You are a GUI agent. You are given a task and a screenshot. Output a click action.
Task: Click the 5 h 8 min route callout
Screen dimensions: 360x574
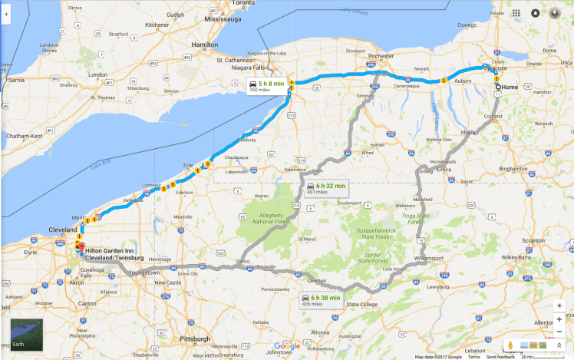(264, 85)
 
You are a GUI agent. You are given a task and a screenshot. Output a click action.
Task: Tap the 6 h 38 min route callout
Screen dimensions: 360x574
(321, 299)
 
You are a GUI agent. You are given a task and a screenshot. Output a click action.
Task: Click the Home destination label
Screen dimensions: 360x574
(510, 87)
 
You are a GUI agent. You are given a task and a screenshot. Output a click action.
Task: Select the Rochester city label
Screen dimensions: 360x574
(381, 56)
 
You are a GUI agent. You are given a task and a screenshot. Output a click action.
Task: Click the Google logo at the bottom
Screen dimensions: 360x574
(287, 347)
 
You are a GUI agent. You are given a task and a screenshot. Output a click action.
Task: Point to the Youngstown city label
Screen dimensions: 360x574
(143, 272)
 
